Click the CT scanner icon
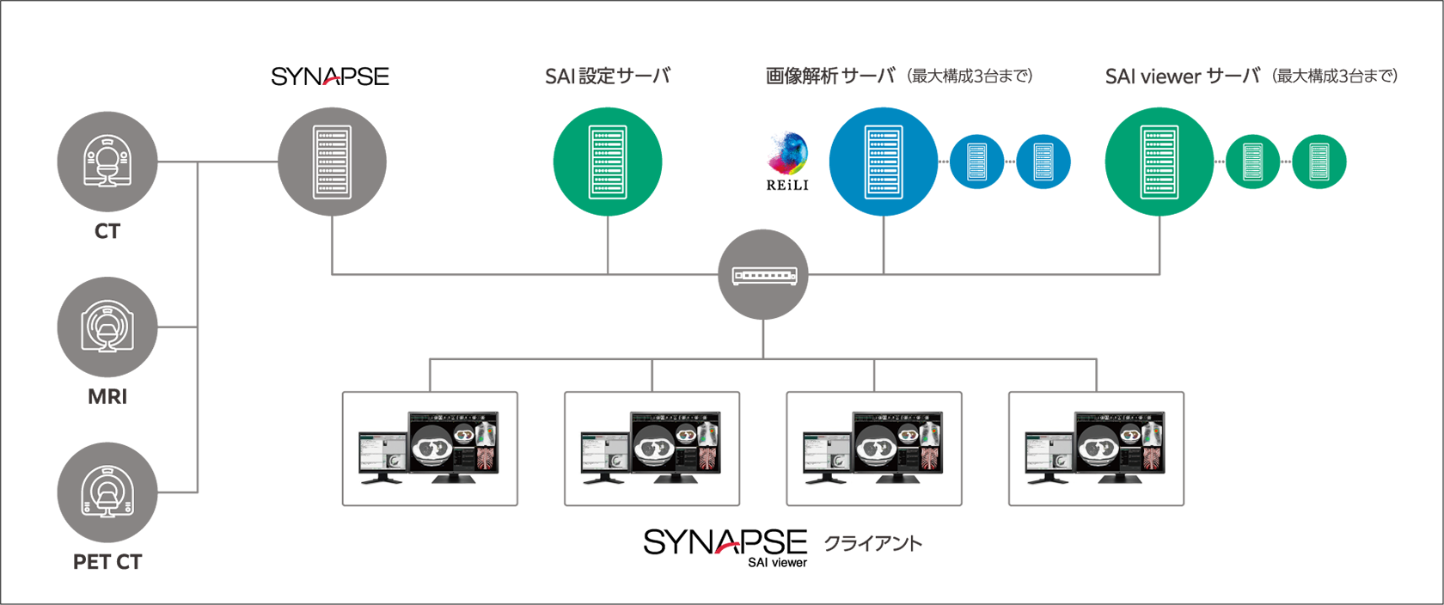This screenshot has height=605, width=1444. (x=107, y=162)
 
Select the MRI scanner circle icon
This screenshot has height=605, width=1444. (x=107, y=327)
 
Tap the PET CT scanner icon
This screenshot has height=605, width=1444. (x=107, y=492)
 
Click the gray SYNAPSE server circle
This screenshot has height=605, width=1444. (x=332, y=162)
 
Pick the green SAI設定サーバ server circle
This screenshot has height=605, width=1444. (x=608, y=162)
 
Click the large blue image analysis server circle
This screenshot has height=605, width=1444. (x=883, y=162)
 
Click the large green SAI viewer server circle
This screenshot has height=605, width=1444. (x=1159, y=162)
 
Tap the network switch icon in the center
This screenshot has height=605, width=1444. (x=763, y=275)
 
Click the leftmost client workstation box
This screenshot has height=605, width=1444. (x=430, y=449)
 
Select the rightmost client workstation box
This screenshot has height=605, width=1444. (x=1096, y=449)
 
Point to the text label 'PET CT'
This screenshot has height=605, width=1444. (x=107, y=562)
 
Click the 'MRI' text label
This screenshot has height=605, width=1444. (x=107, y=397)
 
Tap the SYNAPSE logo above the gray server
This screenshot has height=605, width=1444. (x=330, y=76)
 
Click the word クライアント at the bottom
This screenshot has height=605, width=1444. (x=873, y=543)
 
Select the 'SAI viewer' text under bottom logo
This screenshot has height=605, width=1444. (x=777, y=563)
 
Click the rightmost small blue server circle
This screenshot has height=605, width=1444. (x=1043, y=162)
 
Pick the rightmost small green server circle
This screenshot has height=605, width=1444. (x=1319, y=162)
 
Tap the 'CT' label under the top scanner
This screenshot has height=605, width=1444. (x=107, y=231)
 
